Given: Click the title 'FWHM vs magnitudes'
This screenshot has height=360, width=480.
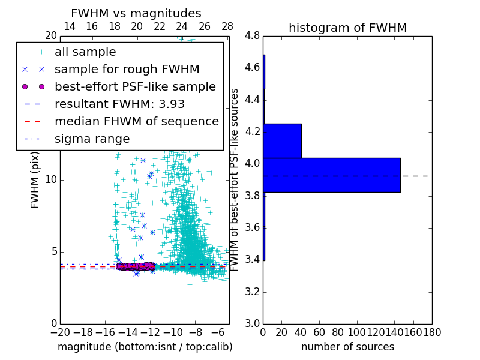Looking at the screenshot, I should point(136,13).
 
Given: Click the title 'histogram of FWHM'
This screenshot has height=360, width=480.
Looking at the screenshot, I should point(347,28).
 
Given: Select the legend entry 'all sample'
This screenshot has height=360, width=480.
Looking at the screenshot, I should point(85,52).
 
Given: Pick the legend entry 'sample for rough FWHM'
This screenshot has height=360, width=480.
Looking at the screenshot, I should point(127,69).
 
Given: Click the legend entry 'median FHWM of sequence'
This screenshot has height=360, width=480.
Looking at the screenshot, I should point(136,121).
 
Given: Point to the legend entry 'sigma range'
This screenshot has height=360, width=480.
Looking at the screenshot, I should point(92,139).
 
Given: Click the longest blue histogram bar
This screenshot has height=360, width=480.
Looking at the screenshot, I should point(331,175).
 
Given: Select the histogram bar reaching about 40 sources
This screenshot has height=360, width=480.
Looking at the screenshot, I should point(282,140).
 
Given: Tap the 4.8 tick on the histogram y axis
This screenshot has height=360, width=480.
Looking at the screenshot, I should point(252,35).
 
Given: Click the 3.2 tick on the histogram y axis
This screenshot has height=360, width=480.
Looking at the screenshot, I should point(252,292).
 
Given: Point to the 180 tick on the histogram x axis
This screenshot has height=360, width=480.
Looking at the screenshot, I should point(431,331).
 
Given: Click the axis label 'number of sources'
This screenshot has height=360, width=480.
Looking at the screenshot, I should point(347,347).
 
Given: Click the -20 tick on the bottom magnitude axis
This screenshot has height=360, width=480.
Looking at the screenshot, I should point(59,331).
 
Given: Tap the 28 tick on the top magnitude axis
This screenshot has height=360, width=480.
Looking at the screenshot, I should point(227,26).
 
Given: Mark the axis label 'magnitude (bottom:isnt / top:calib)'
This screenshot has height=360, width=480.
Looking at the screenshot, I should point(145,347).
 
